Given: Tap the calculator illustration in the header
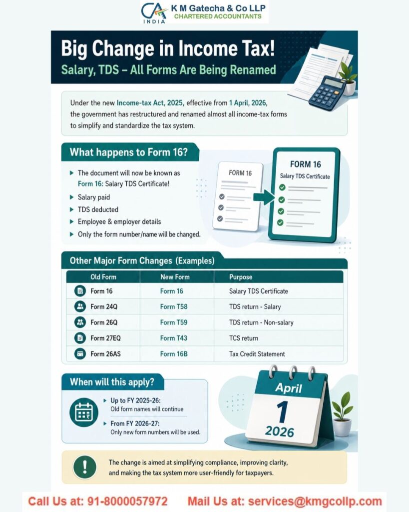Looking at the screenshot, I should pyautogui.click(x=327, y=93).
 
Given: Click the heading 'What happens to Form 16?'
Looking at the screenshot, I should pyautogui.click(x=129, y=152).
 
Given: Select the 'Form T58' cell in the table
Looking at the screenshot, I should pyautogui.click(x=174, y=306).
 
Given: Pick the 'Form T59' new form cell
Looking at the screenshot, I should pyautogui.click(x=174, y=322).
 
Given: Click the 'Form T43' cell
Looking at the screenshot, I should pyautogui.click(x=174, y=338).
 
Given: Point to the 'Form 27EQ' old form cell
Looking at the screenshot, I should pyautogui.click(x=105, y=338).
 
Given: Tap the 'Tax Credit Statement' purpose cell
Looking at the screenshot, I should pyautogui.click(x=257, y=354).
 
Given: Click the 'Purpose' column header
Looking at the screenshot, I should pyautogui.click(x=241, y=277).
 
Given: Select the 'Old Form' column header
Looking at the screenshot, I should pyautogui.click(x=103, y=277).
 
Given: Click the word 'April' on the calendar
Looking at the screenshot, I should pyautogui.click(x=289, y=387).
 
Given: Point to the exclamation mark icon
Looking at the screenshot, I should pyautogui.click(x=85, y=467).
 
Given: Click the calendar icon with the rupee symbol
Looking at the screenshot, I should pyautogui.click(x=83, y=412).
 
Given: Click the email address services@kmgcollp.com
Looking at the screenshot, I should pyautogui.click(x=315, y=501).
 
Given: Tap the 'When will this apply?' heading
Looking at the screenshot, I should pyautogui.click(x=112, y=382).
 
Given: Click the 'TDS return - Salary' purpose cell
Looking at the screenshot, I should pyautogui.click(x=255, y=306).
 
